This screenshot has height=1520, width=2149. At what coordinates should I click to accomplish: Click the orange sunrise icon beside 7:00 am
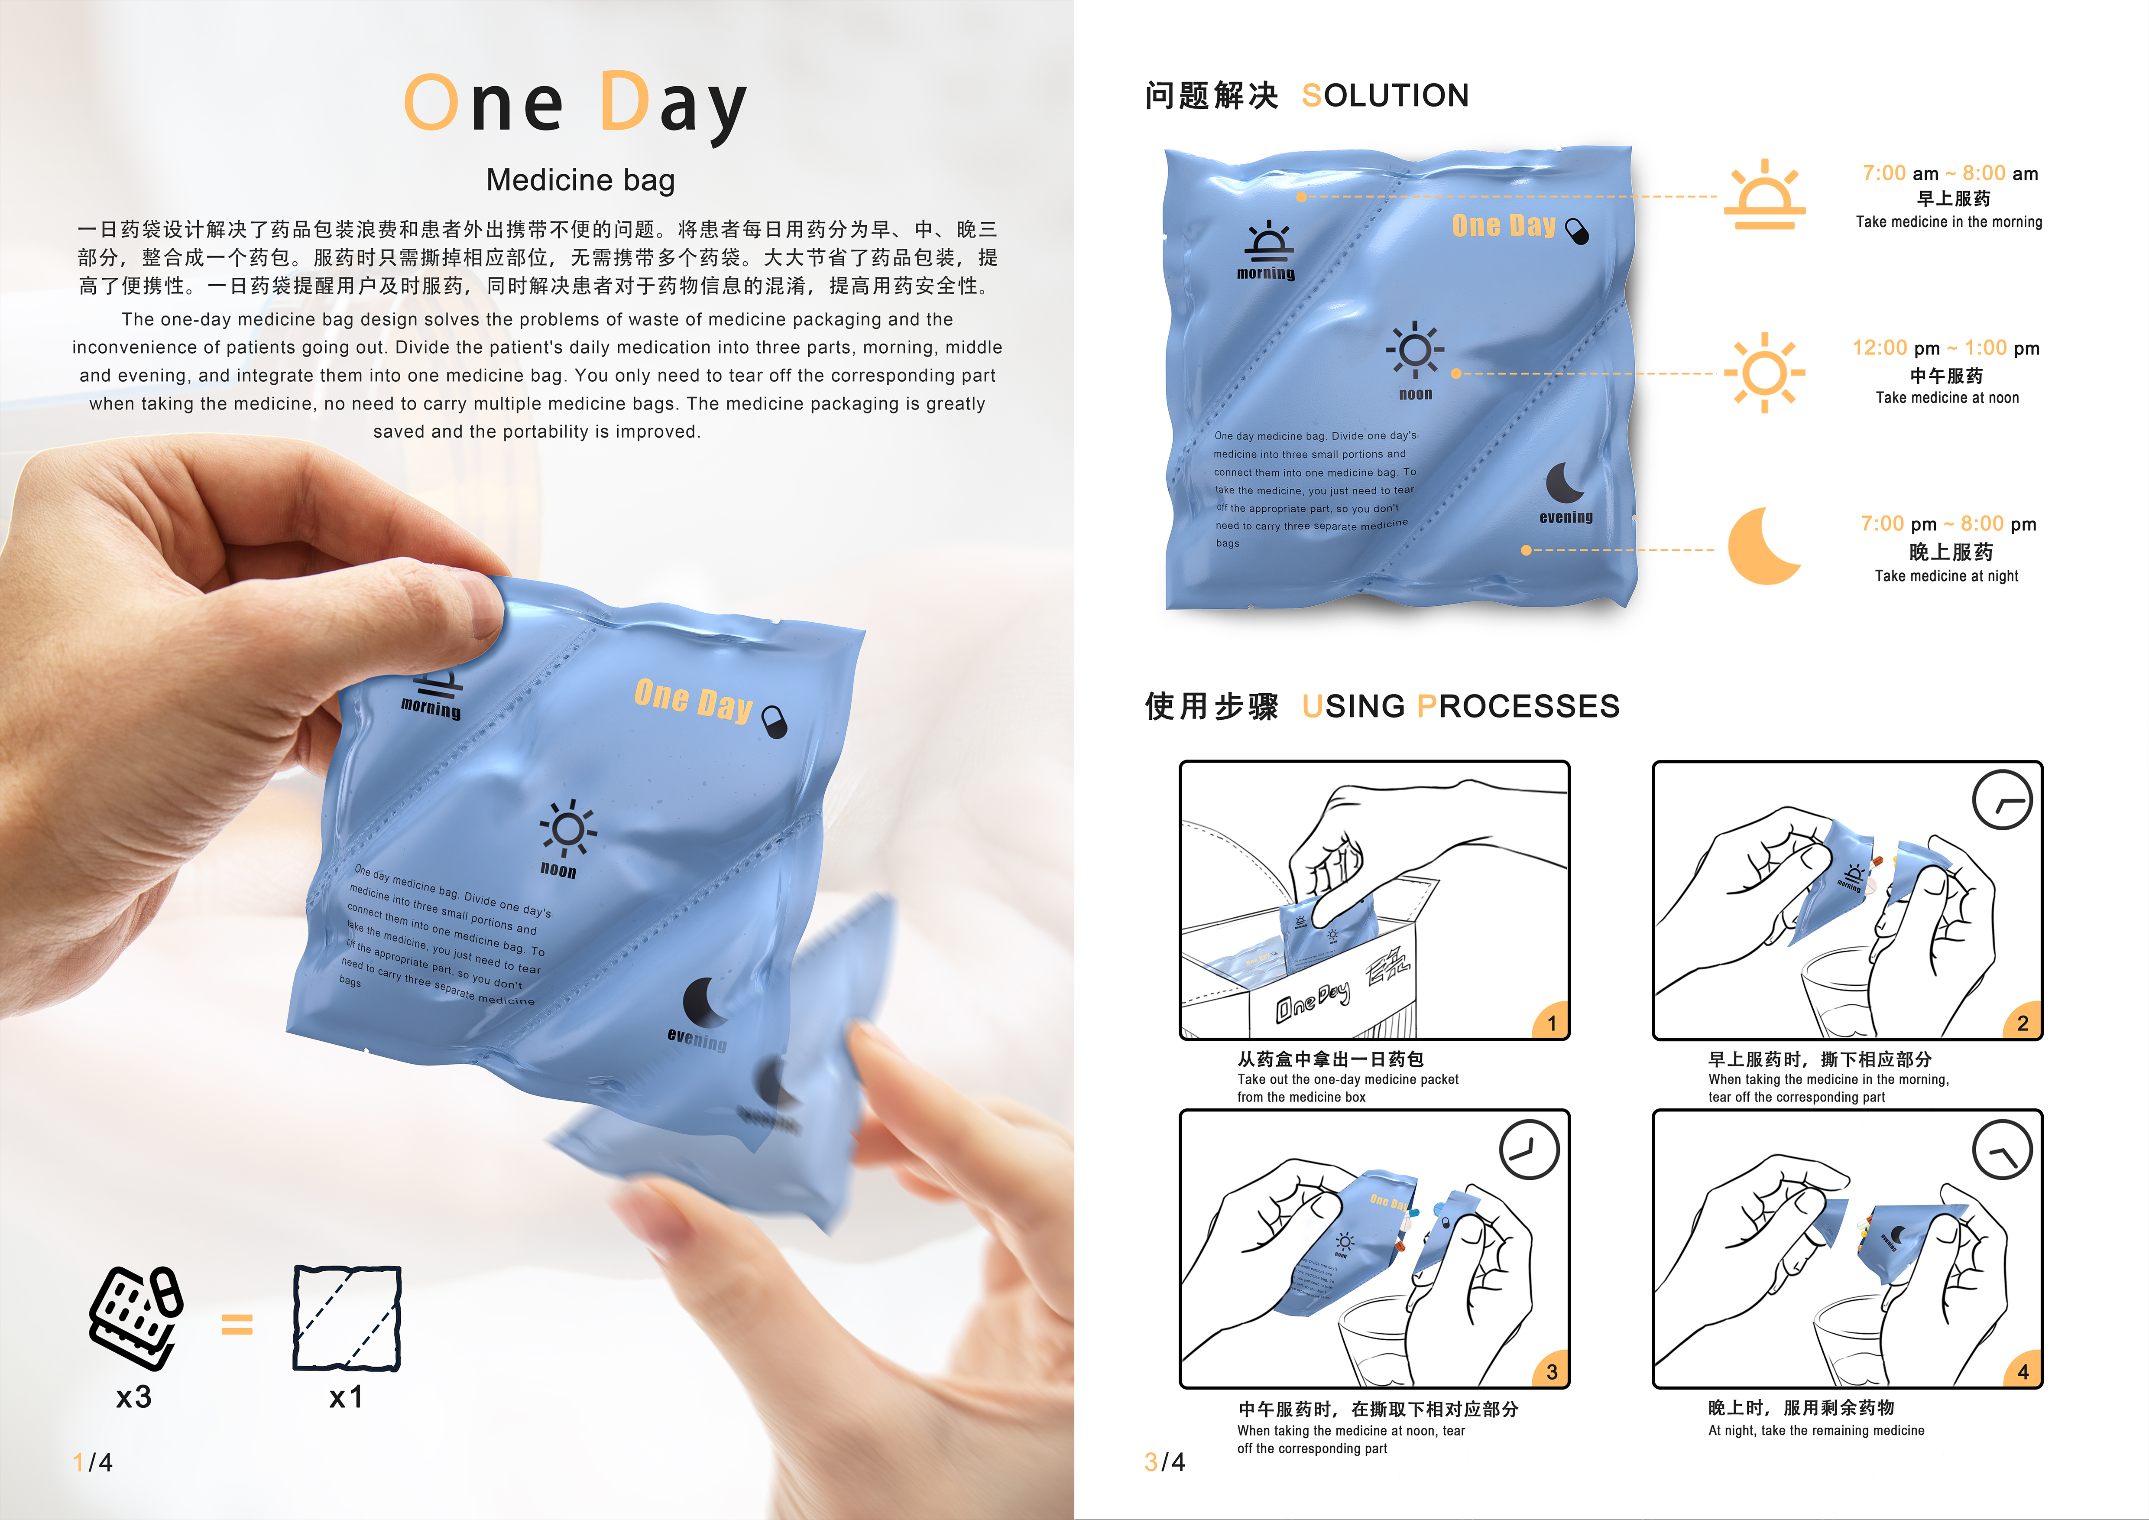[x=1764, y=197]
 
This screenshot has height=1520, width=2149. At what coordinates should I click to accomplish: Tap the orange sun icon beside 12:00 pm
[x=1764, y=373]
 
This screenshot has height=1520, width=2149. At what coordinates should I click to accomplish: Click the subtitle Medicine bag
[x=580, y=180]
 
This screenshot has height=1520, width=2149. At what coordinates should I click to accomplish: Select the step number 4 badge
[x=2023, y=1372]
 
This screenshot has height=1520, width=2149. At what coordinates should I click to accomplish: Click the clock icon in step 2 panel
[x=2002, y=800]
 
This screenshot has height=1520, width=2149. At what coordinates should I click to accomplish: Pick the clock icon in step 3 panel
[x=1528, y=1150]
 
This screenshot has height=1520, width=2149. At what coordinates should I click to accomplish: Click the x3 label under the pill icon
[x=134, y=1397]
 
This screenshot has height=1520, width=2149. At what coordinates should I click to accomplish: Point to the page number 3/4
[x=1164, y=1462]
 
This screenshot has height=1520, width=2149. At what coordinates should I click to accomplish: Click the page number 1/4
[x=93, y=1462]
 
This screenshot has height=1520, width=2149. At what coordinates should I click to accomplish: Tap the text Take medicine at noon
[x=1947, y=398]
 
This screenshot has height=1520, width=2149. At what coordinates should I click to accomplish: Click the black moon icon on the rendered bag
[x=1563, y=483]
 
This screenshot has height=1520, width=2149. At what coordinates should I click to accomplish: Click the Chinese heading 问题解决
[x=1211, y=95]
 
